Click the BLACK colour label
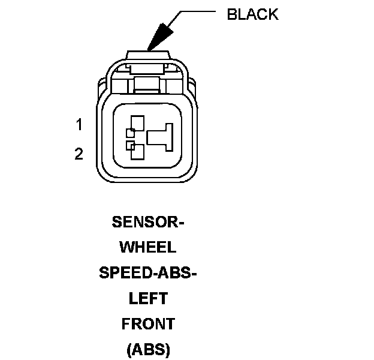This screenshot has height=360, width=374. click(252, 14)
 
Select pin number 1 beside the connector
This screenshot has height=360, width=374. click(79, 125)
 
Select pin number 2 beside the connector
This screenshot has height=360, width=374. click(79, 154)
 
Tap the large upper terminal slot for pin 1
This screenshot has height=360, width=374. click(137, 124)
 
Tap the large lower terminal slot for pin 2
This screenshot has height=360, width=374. click(137, 152)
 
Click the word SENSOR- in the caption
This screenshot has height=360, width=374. click(148, 221)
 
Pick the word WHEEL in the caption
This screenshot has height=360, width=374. click(148, 247)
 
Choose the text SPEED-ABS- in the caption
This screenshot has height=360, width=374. click(148, 273)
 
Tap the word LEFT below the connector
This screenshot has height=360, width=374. click(148, 298)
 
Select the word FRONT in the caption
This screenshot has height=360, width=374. click(148, 324)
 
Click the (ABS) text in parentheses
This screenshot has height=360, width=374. click(148, 349)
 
